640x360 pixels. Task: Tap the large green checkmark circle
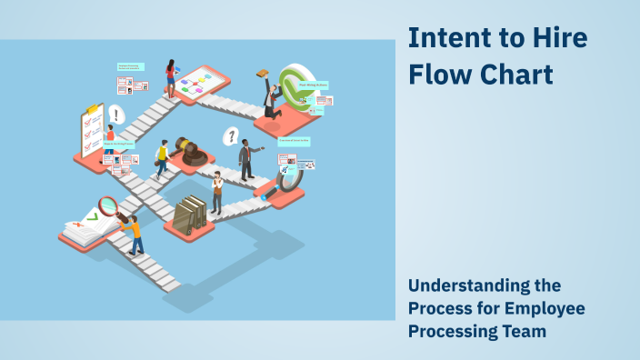point(295,86)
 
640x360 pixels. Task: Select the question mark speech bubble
point(232,136)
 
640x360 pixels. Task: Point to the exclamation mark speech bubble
point(116,115)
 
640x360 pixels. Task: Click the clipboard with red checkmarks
point(92,132)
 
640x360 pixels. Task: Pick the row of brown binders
point(190,214)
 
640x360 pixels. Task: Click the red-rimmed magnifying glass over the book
point(110,205)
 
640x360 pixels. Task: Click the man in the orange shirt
point(135,234)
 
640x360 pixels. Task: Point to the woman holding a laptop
point(171,77)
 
